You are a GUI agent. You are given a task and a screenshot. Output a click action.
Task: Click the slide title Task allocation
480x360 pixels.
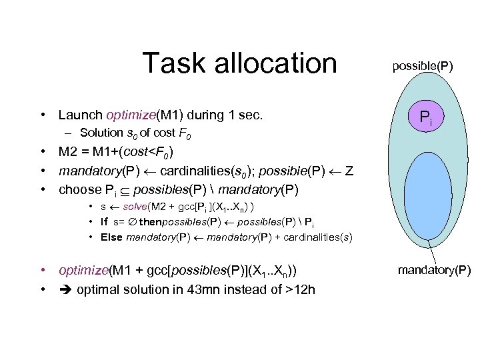[239, 64]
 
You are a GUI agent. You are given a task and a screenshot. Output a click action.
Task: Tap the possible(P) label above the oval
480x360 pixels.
[422, 66]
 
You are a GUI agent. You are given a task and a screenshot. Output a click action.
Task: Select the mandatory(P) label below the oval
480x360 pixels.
[434, 270]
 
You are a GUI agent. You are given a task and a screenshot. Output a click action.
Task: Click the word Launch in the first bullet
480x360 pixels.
[79, 115]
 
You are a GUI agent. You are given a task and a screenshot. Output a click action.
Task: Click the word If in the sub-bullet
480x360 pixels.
[105, 222]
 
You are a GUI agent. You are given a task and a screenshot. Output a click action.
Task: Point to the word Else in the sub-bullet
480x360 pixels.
[111, 237]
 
